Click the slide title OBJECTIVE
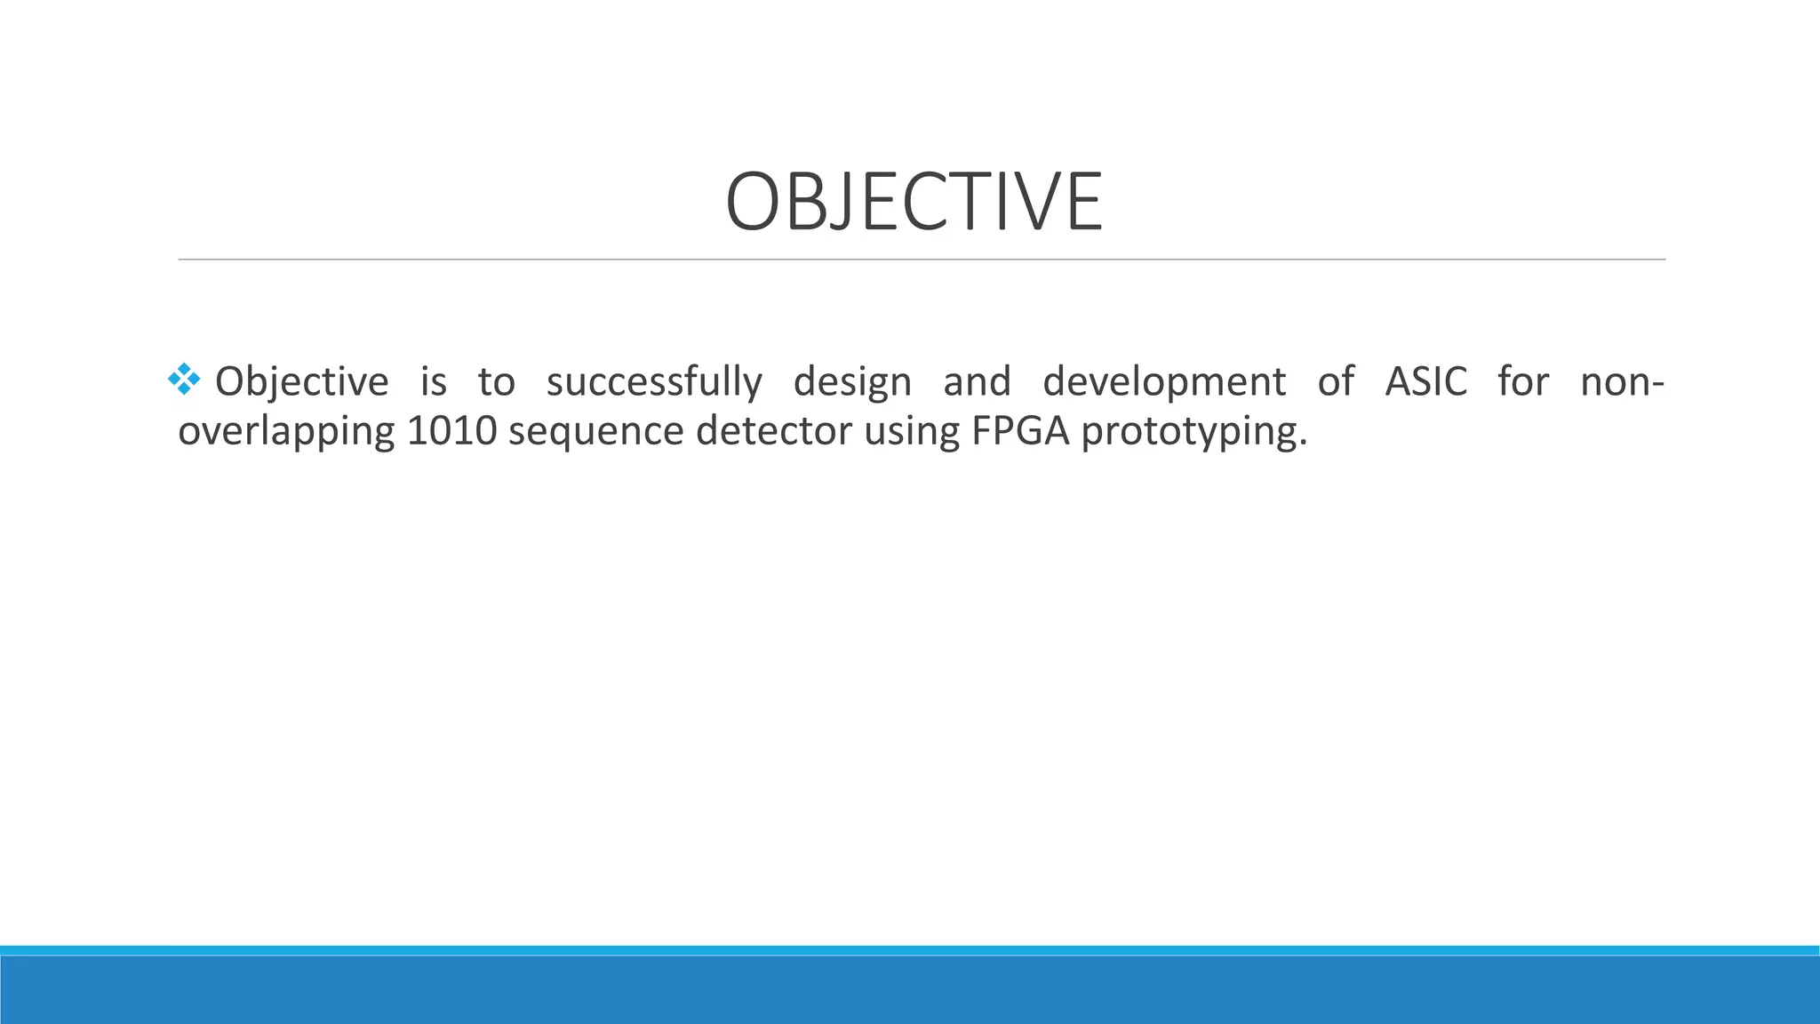coord(914,202)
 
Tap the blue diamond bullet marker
coord(184,380)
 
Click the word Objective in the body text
coord(302,382)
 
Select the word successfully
coord(654,382)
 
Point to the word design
coord(852,382)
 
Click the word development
coord(1164,382)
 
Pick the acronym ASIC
coord(1426,382)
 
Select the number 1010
coord(451,432)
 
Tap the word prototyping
coord(1194,432)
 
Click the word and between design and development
coord(977,382)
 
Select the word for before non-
coord(1523,382)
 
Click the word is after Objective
coord(434,382)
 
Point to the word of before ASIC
coord(1336,382)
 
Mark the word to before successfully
coord(496,382)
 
